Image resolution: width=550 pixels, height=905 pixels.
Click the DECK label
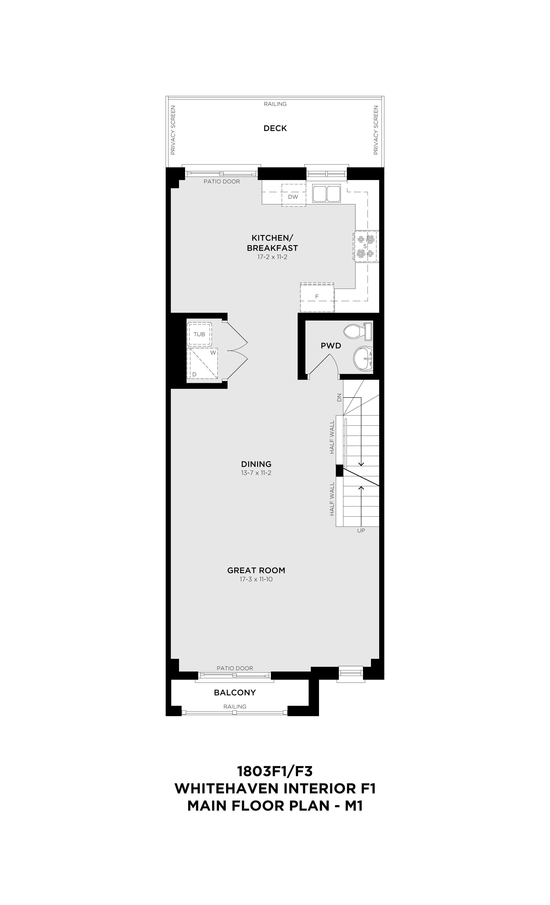click(x=275, y=128)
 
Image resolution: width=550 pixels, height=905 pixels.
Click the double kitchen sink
click(x=327, y=193)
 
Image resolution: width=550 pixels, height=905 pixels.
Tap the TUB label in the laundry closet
click(x=199, y=334)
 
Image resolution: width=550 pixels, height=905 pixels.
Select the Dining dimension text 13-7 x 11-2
click(x=256, y=473)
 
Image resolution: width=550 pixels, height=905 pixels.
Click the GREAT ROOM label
click(x=256, y=570)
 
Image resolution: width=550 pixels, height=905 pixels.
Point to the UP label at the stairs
click(x=361, y=530)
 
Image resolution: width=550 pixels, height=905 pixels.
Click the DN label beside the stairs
click(x=339, y=397)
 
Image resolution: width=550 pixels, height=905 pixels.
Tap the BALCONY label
click(x=235, y=692)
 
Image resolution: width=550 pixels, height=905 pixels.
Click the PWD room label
click(x=331, y=346)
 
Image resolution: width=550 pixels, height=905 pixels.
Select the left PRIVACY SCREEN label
click(x=173, y=130)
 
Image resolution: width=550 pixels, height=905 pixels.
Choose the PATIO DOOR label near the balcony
click(x=235, y=668)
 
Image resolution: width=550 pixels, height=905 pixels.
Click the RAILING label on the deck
click(x=275, y=104)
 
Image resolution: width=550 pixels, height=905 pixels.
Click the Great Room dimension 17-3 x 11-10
click(x=256, y=579)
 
